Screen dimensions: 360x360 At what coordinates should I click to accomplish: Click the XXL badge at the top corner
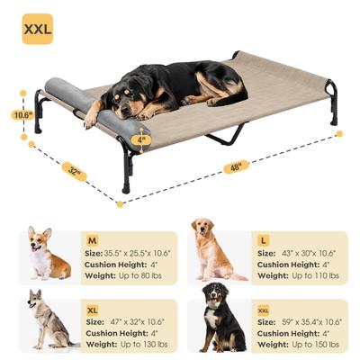(37, 29)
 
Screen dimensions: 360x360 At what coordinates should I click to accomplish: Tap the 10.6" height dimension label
(23, 115)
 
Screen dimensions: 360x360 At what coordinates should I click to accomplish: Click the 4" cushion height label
(141, 139)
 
